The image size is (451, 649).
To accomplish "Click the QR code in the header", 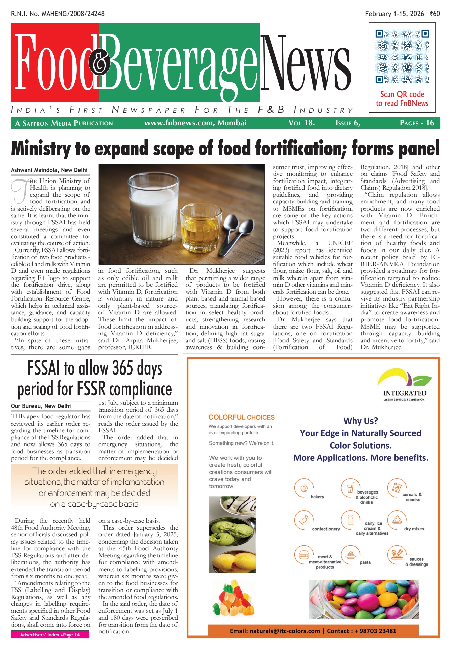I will tap(402, 56).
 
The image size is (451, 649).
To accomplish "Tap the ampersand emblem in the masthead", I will tap(99, 63).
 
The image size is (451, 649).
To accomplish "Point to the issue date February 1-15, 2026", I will tap(394, 14).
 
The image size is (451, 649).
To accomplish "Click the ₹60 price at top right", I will tap(435, 14).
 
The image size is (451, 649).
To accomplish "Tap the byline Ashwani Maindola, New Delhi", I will tap(49, 170).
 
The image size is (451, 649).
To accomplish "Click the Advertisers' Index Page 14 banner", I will tap(50, 635).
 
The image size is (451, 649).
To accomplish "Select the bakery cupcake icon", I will tap(303, 488).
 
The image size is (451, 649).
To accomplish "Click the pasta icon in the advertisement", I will tap(350, 555).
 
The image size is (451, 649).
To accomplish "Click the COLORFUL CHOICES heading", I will tap(242, 417).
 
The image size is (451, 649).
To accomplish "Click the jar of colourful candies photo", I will tap(363, 599).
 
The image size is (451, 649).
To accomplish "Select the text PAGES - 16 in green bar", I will tap(417, 123).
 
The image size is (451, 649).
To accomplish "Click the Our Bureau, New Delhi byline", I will tap(41, 406).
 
